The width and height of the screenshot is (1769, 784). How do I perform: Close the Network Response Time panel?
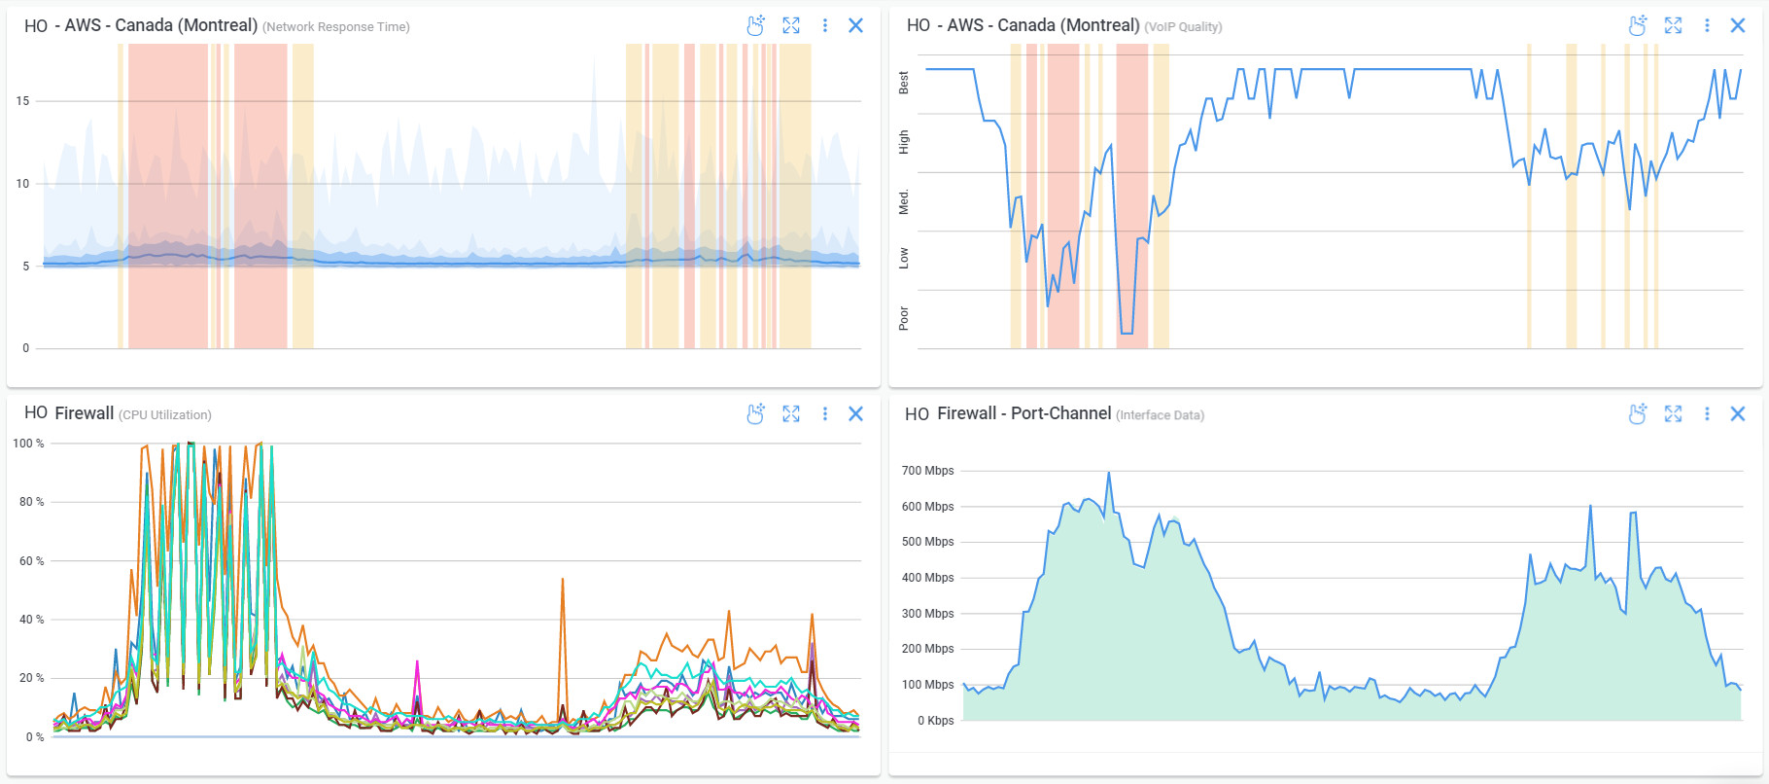click(x=855, y=25)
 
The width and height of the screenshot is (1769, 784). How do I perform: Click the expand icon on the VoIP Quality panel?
click(x=1673, y=25)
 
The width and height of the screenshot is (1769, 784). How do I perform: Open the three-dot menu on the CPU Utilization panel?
click(x=825, y=413)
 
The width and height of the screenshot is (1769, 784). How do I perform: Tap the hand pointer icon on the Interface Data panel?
click(x=1638, y=413)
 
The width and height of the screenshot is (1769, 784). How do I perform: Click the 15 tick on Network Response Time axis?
click(x=22, y=100)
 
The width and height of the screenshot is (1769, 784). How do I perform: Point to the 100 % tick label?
click(x=28, y=444)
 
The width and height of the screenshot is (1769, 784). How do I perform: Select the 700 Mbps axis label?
click(x=927, y=471)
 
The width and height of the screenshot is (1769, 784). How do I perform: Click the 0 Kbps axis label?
click(x=935, y=721)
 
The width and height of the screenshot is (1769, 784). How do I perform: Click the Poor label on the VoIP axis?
click(x=904, y=318)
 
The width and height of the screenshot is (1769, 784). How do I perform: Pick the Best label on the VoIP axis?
click(x=904, y=83)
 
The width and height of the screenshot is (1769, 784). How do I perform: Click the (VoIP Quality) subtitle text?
click(x=1183, y=27)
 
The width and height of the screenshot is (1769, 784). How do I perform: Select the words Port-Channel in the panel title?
click(x=1060, y=413)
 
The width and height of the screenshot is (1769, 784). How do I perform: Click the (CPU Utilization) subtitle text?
click(x=165, y=415)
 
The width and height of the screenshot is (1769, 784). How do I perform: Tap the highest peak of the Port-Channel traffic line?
click(x=1109, y=474)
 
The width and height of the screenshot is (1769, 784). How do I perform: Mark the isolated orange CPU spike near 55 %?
click(x=562, y=580)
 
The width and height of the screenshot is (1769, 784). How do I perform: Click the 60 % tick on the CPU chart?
click(x=31, y=561)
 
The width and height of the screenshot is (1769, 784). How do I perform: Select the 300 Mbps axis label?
click(x=927, y=614)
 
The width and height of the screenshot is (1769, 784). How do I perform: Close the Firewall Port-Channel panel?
click(x=1738, y=413)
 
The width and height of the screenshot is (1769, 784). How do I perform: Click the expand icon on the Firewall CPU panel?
click(x=791, y=413)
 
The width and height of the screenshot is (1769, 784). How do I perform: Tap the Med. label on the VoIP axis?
click(x=904, y=201)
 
